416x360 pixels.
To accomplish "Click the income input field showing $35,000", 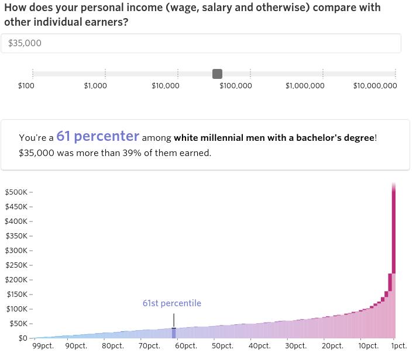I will (x=201, y=43).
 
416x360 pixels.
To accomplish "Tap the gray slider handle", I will (x=217, y=74).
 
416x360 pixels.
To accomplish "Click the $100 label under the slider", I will (x=26, y=86).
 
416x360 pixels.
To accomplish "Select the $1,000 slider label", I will (x=95, y=86).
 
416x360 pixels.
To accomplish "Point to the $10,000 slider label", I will (x=166, y=86).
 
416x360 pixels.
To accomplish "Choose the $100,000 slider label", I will (x=236, y=86).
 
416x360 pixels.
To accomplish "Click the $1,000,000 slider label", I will (x=305, y=86).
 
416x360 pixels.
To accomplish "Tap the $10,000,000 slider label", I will (x=375, y=86).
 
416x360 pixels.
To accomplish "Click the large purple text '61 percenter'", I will (x=98, y=137).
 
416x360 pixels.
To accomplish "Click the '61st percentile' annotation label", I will (x=171, y=303).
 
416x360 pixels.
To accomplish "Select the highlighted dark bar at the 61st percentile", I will (x=174, y=333).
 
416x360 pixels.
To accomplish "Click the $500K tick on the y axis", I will (x=18, y=192).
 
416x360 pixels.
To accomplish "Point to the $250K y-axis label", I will (x=18, y=265).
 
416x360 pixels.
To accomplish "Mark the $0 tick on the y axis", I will (x=22, y=338).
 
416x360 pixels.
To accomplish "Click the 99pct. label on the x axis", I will (x=43, y=346).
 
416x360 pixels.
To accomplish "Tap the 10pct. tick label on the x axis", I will (x=368, y=346).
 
